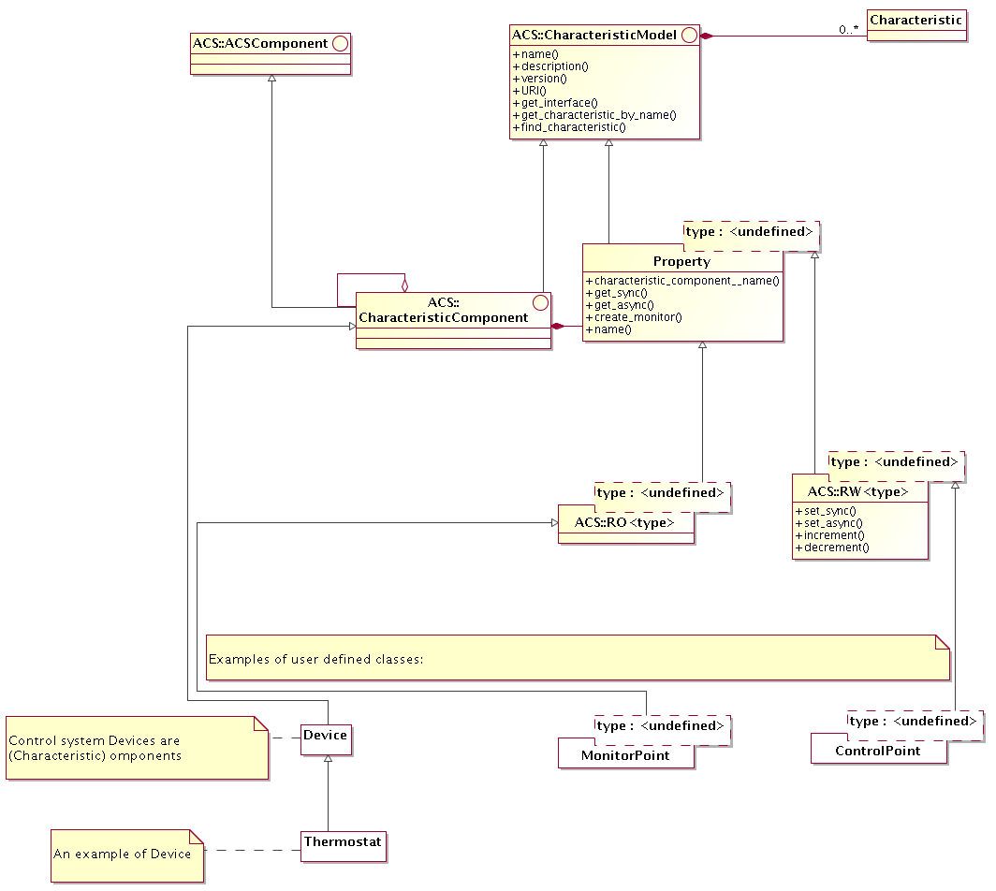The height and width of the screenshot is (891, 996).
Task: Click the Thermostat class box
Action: click(x=343, y=843)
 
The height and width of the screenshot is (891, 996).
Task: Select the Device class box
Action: click(x=325, y=736)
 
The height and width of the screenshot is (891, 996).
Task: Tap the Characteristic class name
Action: click(x=915, y=20)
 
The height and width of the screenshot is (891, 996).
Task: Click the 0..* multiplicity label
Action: click(x=849, y=30)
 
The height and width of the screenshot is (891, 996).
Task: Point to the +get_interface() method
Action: click(x=554, y=103)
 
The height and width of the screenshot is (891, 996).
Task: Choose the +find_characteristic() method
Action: click(x=568, y=126)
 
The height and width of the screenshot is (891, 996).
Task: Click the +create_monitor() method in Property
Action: click(x=633, y=317)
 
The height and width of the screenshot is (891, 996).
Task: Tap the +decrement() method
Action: click(x=831, y=548)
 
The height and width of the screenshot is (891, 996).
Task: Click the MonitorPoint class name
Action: click(x=625, y=755)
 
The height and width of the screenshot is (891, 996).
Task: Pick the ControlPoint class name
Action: click(x=877, y=751)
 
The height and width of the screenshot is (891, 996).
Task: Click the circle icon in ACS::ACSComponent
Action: click(x=341, y=43)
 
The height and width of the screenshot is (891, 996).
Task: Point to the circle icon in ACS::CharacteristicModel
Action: click(x=690, y=36)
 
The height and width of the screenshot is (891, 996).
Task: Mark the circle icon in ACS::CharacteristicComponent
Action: click(x=539, y=302)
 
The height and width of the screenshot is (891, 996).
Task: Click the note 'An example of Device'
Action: click(x=123, y=854)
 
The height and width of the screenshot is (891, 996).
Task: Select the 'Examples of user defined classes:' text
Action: click(x=315, y=659)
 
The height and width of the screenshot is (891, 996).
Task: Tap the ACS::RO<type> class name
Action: click(x=623, y=522)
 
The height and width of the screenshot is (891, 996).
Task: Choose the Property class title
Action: click(x=681, y=261)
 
